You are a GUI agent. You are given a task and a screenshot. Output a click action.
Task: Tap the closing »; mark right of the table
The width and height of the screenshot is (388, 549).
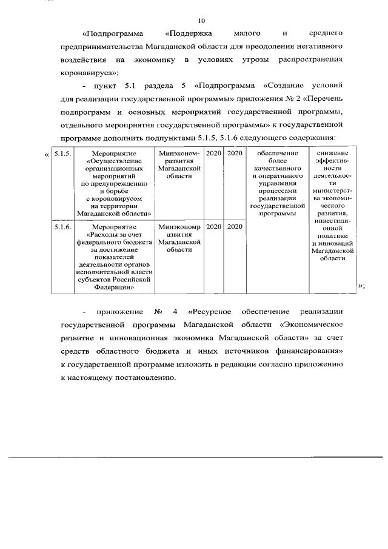pyautogui.click(x=361, y=287)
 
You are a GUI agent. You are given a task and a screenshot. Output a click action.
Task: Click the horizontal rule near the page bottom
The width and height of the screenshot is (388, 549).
pyautogui.click(x=194, y=456)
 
